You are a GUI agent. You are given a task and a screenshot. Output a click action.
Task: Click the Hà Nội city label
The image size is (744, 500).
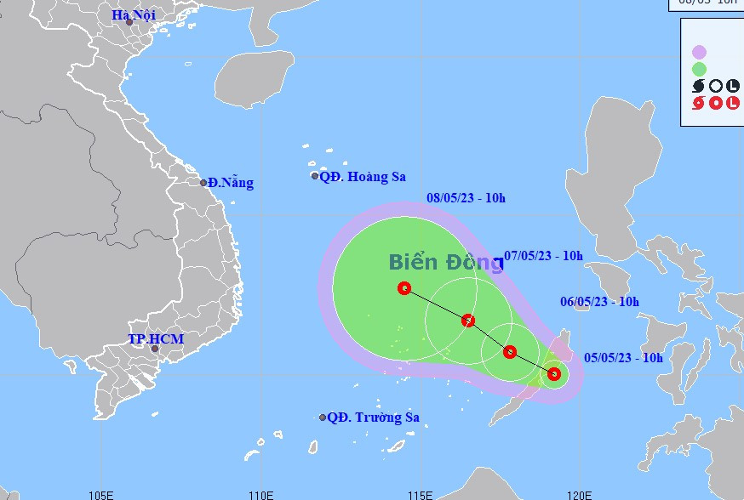(x=134, y=15)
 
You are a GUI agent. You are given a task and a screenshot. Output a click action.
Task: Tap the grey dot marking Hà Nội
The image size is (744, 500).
(x=129, y=22)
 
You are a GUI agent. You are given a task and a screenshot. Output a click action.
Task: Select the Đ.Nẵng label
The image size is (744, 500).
(x=230, y=183)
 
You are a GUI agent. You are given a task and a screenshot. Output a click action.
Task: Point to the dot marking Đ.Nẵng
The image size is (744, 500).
(x=203, y=183)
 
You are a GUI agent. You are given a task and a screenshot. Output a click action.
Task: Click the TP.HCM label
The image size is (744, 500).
(x=156, y=338)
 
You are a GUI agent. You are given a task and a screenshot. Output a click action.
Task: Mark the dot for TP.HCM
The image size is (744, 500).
(x=155, y=349)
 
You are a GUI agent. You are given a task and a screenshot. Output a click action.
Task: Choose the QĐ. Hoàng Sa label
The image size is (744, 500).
(x=363, y=177)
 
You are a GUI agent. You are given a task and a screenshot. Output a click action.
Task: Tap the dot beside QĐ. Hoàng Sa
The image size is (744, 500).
(x=315, y=176)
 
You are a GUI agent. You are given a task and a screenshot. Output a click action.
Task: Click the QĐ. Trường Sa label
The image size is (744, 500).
(x=374, y=418)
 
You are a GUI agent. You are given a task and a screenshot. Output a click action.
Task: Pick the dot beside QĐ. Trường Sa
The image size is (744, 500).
(x=323, y=418)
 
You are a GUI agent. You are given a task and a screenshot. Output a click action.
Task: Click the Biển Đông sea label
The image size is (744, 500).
(x=445, y=262)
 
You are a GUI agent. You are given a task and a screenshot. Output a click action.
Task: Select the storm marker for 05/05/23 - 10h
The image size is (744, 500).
(x=554, y=373)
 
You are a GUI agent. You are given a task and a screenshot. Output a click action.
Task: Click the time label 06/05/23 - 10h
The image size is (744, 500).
(x=599, y=301)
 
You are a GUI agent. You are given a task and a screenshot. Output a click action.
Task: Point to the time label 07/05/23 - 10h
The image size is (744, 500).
(x=543, y=255)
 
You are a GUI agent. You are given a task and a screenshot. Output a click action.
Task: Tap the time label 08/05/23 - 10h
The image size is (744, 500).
(x=466, y=198)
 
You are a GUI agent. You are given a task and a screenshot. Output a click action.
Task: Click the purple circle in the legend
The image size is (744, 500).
(x=700, y=53)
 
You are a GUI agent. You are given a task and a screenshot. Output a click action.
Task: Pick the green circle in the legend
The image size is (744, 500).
(x=700, y=69)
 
